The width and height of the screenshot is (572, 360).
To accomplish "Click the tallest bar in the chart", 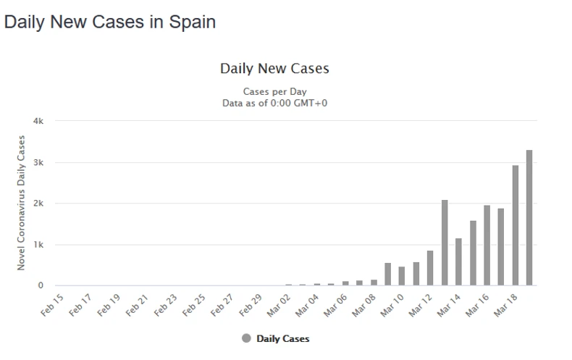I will tap(529, 217).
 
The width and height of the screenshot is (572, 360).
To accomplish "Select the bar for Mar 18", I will tap(516, 225).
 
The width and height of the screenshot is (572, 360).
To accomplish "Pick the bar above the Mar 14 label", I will tap(459, 261).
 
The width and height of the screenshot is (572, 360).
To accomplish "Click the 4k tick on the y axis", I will tap(39, 121).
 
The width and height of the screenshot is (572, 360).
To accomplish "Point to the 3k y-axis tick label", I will tap(39, 162).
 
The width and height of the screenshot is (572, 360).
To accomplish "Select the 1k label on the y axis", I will tap(39, 245).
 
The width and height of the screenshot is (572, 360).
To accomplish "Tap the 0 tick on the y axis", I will tap(41, 285).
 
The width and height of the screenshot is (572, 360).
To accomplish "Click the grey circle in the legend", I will tap(246, 338).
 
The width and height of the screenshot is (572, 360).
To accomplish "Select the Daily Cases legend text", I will tap(282, 338).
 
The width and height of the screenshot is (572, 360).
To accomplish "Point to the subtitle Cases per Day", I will tap(274, 91).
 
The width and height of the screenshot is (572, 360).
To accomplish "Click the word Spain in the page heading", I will tap(192, 22).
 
